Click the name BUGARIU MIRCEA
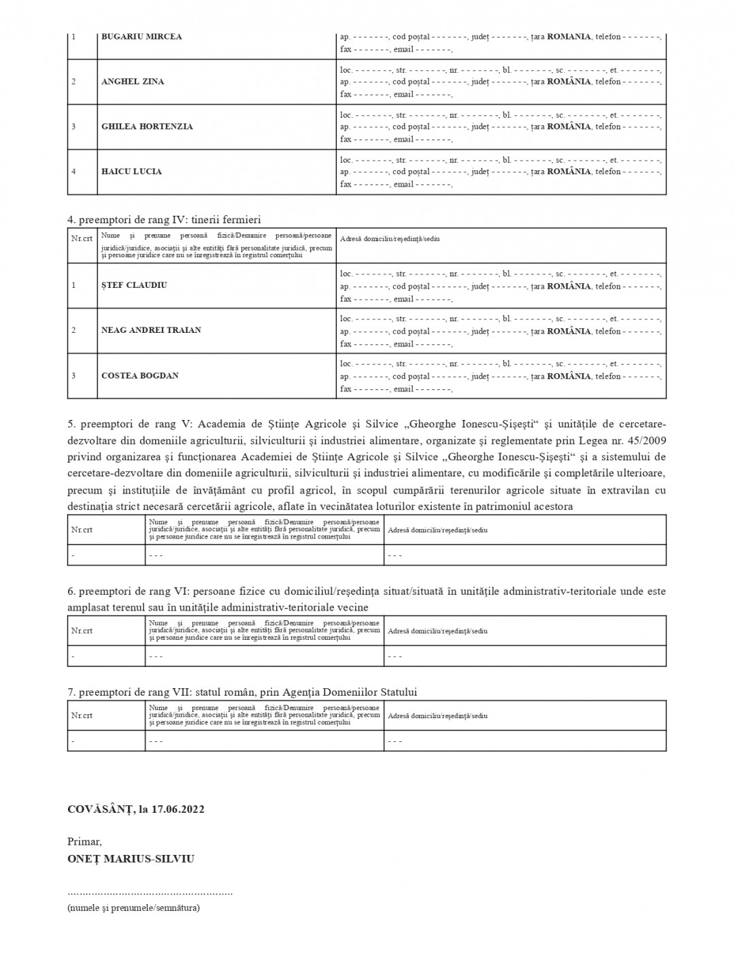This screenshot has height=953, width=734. [x=141, y=37]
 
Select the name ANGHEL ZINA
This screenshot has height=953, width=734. [x=133, y=82]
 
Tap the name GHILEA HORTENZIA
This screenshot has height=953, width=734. [x=147, y=127]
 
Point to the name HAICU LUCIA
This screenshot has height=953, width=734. [x=131, y=172]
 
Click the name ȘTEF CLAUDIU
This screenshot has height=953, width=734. [x=134, y=285]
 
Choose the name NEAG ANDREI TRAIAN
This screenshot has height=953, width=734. [x=151, y=330]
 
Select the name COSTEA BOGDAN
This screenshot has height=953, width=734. [x=140, y=376]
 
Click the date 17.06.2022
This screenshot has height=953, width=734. [x=178, y=809]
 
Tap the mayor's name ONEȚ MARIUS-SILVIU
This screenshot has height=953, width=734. [x=131, y=859]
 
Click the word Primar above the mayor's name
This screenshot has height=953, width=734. [x=84, y=842]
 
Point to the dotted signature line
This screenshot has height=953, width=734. [x=150, y=892]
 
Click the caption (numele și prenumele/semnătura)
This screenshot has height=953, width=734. [x=133, y=907]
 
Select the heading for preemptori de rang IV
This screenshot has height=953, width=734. [x=164, y=220]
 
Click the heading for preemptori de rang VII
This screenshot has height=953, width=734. [x=242, y=692]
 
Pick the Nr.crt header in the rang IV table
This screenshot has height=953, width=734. [x=82, y=239]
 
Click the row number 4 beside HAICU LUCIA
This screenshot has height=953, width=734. [x=73, y=172]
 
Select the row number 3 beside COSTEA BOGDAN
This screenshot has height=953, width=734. [x=73, y=376]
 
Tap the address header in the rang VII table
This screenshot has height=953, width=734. [x=437, y=716]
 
